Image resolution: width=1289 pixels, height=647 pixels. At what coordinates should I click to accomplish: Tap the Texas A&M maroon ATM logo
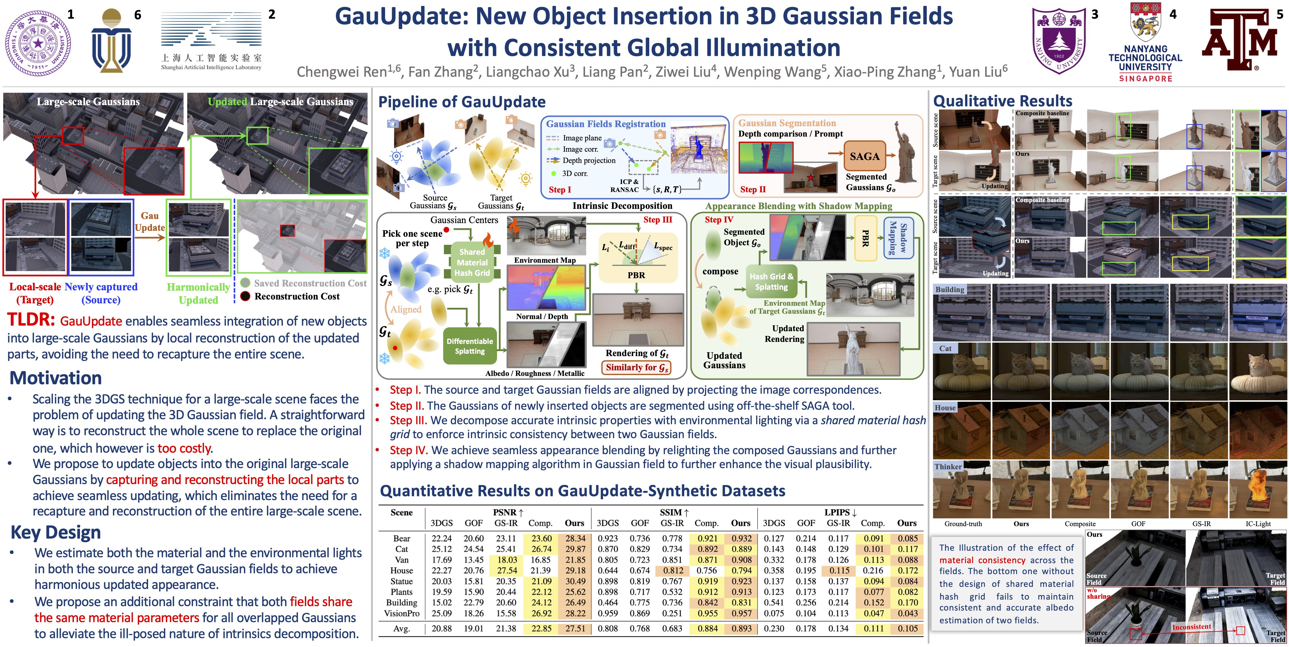tap(1240, 40)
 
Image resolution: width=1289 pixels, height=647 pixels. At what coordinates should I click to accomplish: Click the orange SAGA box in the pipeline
tap(864, 156)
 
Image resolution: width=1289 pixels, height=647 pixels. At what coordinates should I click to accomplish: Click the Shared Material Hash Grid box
tap(472, 262)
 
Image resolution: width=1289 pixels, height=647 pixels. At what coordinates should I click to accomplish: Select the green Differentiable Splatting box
tap(470, 346)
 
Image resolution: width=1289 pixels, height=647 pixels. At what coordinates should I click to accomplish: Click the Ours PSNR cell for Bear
tap(575, 538)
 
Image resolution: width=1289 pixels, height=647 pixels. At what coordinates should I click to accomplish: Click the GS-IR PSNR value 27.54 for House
tap(506, 571)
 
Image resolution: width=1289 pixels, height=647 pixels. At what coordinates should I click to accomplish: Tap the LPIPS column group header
tap(841, 513)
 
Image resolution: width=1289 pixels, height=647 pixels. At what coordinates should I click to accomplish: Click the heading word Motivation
tap(56, 378)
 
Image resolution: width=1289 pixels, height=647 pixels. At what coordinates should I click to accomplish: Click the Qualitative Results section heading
tap(1003, 101)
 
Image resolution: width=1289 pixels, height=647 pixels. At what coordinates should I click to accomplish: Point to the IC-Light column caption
tap(1258, 524)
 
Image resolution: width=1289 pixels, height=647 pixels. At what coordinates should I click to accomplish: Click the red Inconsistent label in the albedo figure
tap(1192, 627)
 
